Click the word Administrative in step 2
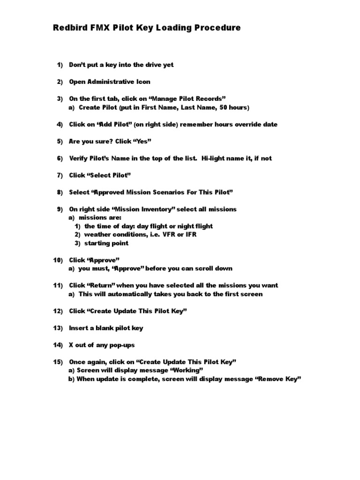pyautogui.click(x=109, y=82)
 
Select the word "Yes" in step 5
pyautogui.click(x=142, y=141)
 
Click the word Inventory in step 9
pyautogui.click(x=142, y=209)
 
